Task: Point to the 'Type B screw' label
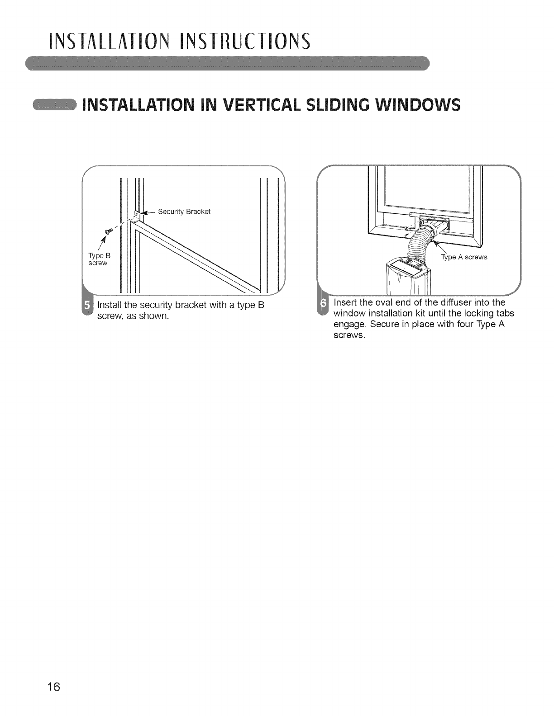(99, 259)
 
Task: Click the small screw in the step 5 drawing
(108, 231)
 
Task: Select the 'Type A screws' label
(464, 257)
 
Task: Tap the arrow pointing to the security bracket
(148, 212)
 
